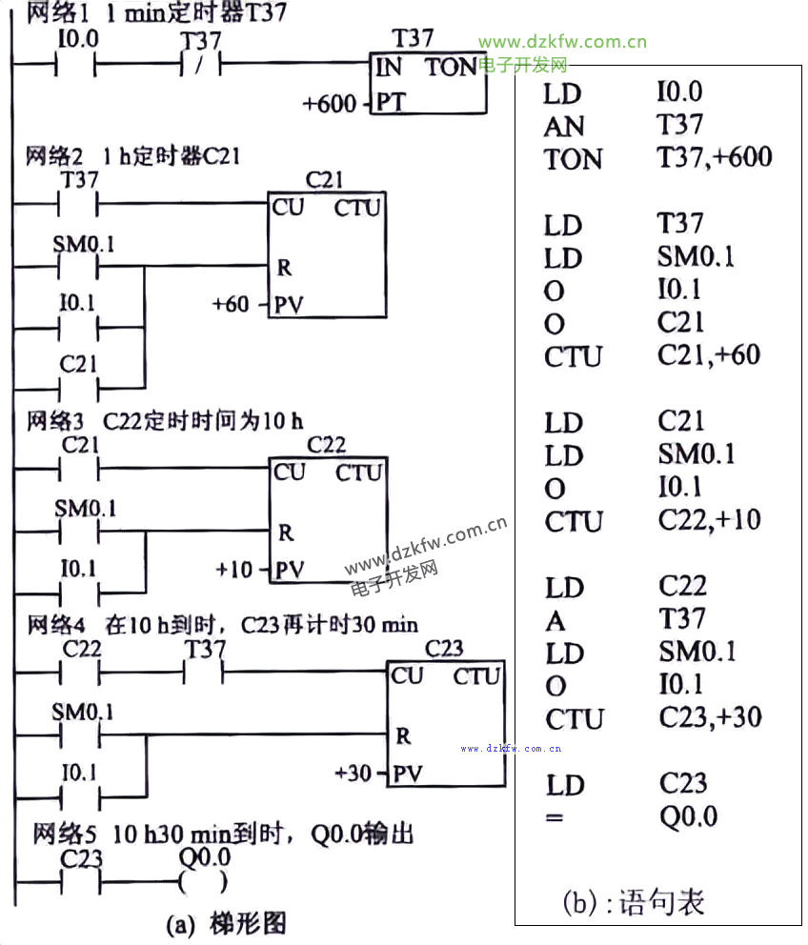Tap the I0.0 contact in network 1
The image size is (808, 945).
pyautogui.click(x=78, y=67)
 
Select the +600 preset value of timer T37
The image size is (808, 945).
pyautogui.click(x=329, y=102)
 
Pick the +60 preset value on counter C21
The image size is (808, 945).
pyautogui.click(x=231, y=305)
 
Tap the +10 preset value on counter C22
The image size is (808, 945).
pyautogui.click(x=234, y=570)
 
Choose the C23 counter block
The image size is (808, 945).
pyautogui.click(x=444, y=724)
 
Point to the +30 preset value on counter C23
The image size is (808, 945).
pyautogui.click(x=353, y=773)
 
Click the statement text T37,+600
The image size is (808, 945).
pyautogui.click(x=714, y=157)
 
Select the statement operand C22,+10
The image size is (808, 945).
pyautogui.click(x=709, y=521)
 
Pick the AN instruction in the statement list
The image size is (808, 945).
pyautogui.click(x=564, y=126)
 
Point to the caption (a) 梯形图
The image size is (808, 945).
pyautogui.click(x=225, y=922)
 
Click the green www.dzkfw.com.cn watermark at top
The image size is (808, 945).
pyautogui.click(x=562, y=42)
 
